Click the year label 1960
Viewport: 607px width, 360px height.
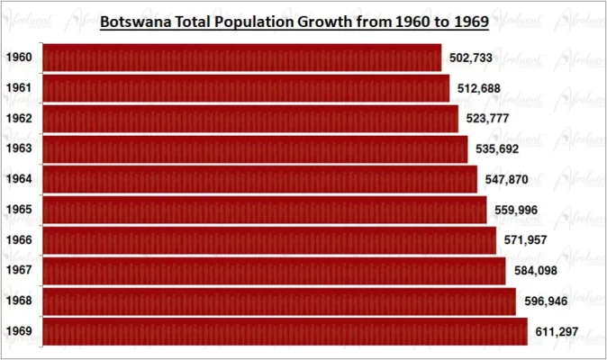[x=19, y=58]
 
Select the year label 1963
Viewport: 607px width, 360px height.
[x=19, y=148]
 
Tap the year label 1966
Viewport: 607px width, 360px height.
[x=19, y=240]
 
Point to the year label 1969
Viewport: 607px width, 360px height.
[x=19, y=331]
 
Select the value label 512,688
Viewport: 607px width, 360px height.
[x=479, y=88]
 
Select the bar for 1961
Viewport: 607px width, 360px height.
[x=246, y=88]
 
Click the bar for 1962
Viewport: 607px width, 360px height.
[x=250, y=119]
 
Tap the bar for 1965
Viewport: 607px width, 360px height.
[x=265, y=210]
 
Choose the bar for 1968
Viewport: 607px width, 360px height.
[x=279, y=301]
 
